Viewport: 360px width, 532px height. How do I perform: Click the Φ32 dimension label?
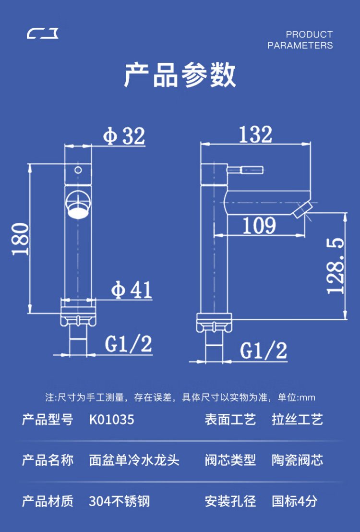pos(124,136)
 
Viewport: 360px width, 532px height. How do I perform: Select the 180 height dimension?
pos(21,238)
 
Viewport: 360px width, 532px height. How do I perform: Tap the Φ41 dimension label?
pos(132,290)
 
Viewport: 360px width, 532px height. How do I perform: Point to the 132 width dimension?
pos(255,134)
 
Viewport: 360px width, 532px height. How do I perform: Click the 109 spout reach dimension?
pos(259,225)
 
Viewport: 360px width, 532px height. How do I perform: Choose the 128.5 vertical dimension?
pos(336,266)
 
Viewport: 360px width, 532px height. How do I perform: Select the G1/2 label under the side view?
pos(264,351)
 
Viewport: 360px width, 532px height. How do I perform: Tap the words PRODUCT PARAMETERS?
pos(300,40)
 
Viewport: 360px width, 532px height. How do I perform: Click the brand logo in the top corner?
pos(43,34)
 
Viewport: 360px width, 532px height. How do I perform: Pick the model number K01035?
pos(111,420)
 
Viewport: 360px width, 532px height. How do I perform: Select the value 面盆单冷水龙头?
pos(134,460)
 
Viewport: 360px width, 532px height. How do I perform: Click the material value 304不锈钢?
pos(119,502)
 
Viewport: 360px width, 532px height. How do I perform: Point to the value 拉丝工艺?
pos(297,420)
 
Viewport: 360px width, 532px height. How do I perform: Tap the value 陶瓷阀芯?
pos(297,460)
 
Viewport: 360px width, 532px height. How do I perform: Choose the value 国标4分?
pos(294,502)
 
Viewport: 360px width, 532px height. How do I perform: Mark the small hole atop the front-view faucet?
pos(78,169)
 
